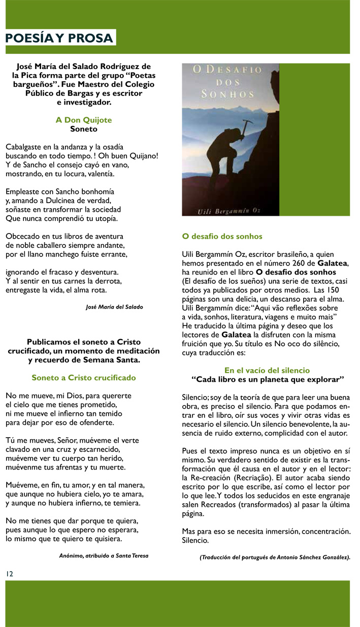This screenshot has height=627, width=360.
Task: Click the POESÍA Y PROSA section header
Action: [x=59, y=38]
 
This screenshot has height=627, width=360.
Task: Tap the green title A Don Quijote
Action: [x=84, y=120]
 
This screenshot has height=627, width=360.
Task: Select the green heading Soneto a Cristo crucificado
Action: [x=84, y=378]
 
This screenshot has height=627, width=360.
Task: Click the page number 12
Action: [x=10, y=573]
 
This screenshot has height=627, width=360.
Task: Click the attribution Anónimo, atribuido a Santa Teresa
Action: [x=104, y=555]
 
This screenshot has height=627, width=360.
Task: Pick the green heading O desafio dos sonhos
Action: [x=222, y=237]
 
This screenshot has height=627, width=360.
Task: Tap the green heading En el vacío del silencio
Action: [x=267, y=371]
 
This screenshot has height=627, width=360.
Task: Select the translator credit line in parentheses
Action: [x=275, y=557]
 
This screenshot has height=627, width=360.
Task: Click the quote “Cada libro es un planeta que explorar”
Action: [x=268, y=379]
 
